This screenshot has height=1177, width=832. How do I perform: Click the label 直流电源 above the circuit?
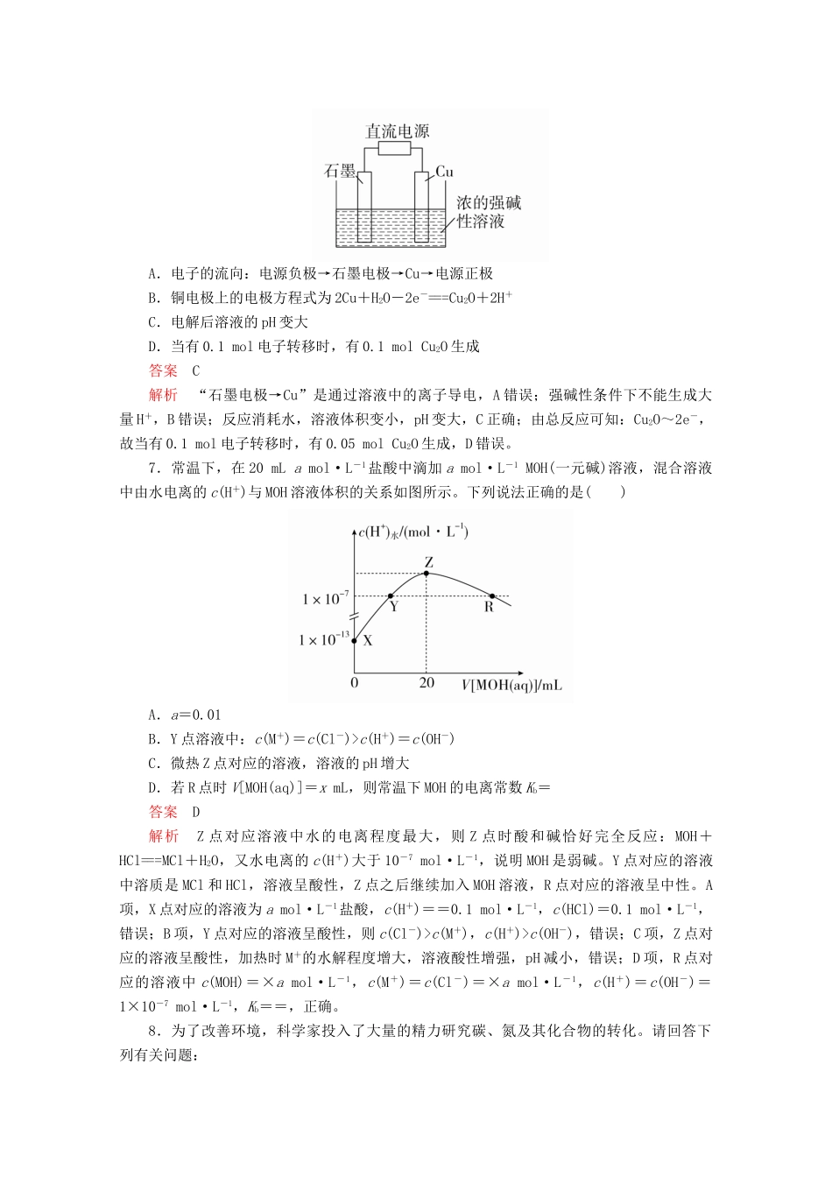397,131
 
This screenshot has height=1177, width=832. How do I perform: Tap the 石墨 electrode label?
340,172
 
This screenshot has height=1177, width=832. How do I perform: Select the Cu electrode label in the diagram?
445,172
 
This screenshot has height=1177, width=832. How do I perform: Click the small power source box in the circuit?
394,148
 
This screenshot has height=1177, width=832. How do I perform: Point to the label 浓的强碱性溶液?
488,212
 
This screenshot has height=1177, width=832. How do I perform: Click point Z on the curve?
427,573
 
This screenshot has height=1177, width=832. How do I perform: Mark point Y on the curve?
390,596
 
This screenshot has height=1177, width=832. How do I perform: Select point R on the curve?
492,596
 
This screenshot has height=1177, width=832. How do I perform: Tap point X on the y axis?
355,640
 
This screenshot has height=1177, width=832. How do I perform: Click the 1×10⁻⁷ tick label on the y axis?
325,599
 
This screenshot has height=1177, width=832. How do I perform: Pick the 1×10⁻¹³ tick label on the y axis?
323,639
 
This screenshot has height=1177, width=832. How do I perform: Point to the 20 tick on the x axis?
427,682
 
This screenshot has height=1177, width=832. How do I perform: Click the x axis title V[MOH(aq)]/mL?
512,684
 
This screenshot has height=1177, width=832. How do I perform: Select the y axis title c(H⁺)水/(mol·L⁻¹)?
413,532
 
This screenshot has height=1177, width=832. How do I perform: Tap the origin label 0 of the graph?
354,682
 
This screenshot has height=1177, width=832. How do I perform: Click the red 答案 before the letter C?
163,370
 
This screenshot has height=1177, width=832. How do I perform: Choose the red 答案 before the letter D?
163,812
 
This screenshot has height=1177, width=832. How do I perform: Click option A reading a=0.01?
185,715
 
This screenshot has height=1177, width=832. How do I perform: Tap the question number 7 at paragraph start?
153,469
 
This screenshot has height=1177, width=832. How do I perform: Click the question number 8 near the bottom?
153,1032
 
